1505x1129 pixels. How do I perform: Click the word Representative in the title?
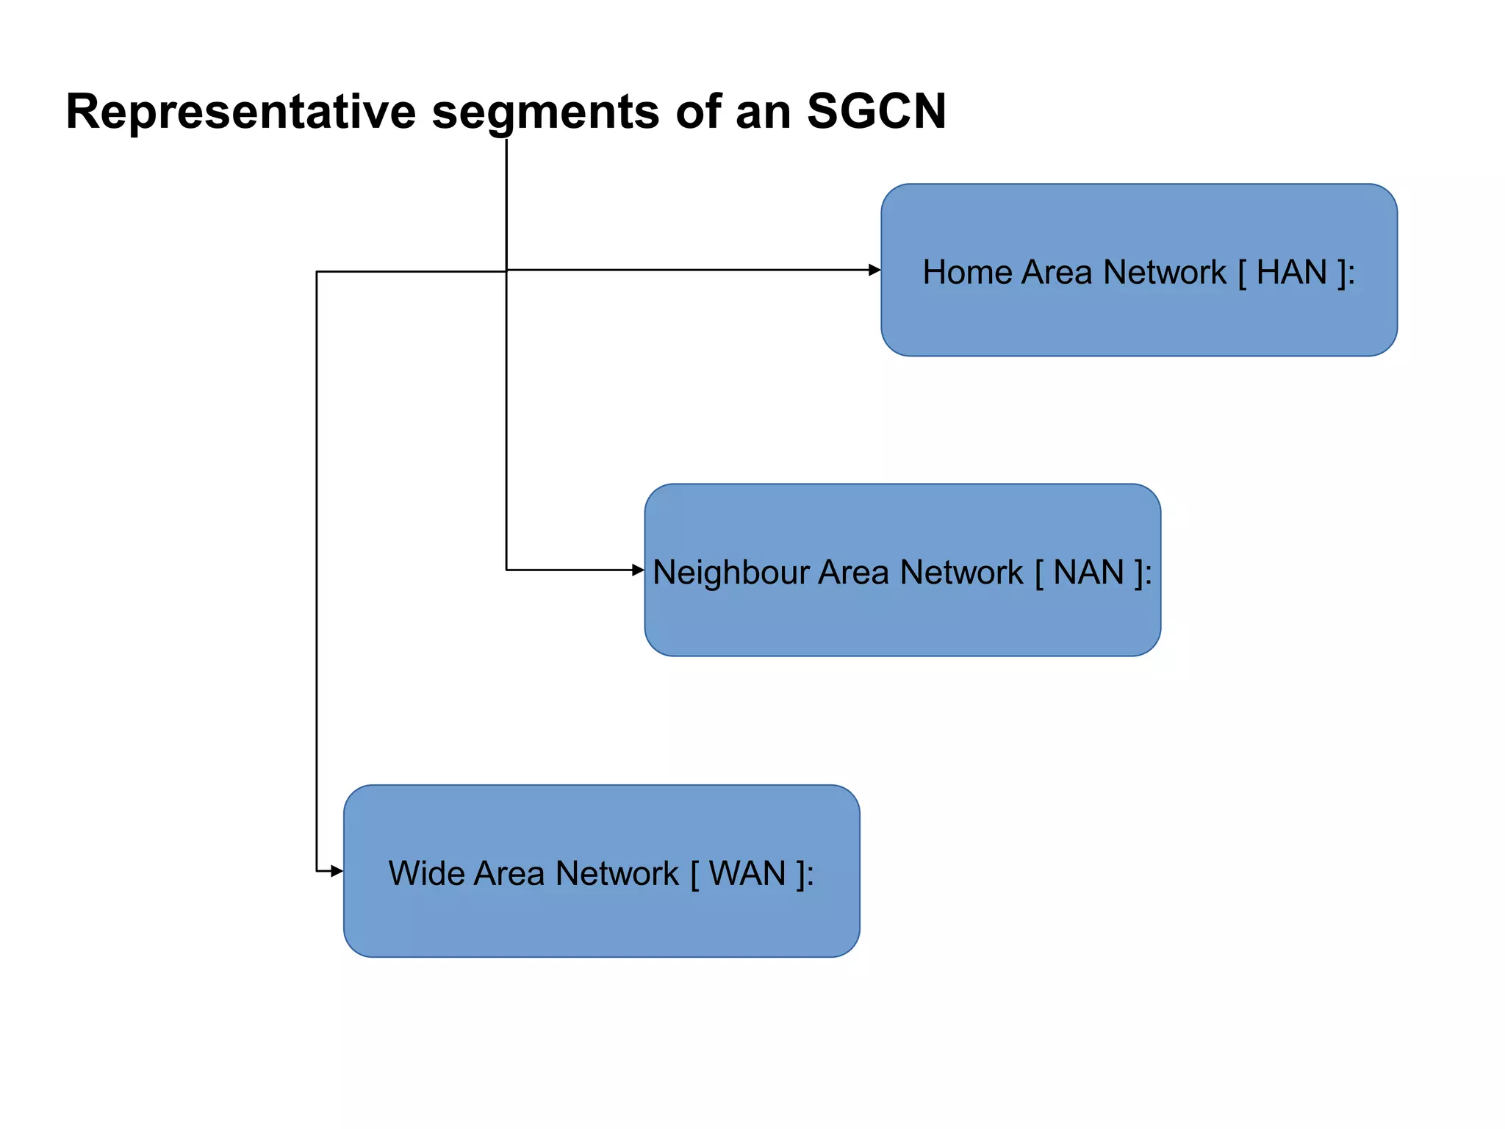tap(240, 112)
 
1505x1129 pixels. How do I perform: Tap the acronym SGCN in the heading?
tap(876, 112)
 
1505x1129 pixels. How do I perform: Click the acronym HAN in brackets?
tap(1291, 273)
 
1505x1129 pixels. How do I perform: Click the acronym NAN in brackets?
tap(1088, 573)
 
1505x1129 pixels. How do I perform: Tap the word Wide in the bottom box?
tap(425, 874)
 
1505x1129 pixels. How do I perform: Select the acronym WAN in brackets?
tap(747, 874)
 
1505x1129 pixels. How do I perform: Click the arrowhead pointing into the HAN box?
tap(874, 270)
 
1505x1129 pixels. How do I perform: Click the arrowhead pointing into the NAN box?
tap(638, 570)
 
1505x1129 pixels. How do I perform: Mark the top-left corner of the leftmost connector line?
tap(317, 272)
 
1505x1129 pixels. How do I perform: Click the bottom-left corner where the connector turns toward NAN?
tap(506, 570)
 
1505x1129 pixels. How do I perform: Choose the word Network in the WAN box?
tap(617, 874)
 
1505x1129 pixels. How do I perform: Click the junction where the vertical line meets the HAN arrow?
tap(506, 270)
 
